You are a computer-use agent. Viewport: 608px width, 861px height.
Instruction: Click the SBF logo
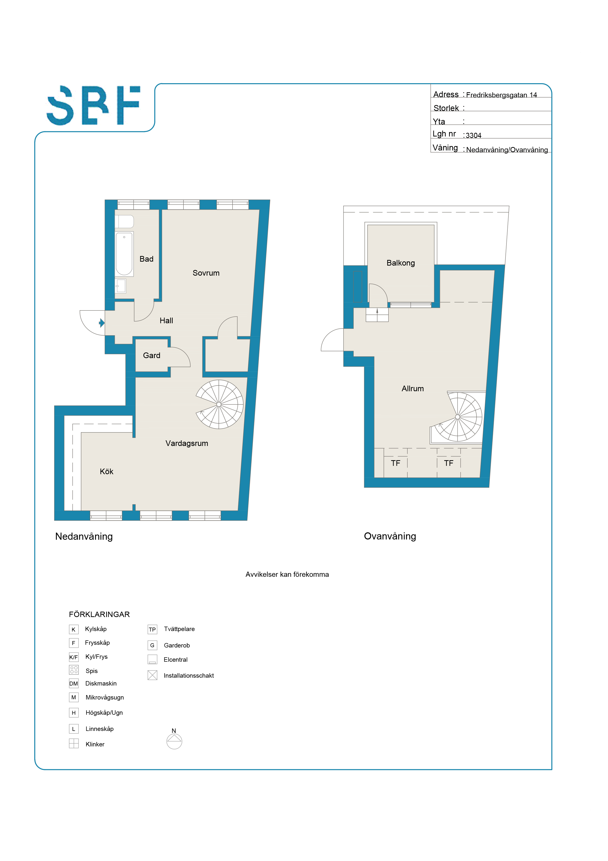pos(93,105)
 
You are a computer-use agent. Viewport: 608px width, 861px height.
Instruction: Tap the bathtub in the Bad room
pos(124,254)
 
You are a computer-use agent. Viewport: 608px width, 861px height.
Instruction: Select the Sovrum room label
pos(206,273)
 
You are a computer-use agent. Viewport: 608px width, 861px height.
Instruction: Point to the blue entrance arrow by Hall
pos(102,323)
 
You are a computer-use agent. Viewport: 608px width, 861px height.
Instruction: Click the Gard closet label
pos(152,355)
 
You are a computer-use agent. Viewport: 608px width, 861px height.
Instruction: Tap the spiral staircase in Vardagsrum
pos(220,404)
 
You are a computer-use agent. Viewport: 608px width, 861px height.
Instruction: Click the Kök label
pos(106,471)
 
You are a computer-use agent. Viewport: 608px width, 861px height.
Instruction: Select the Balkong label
pos(401,263)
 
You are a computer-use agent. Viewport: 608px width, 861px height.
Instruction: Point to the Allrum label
pos(413,389)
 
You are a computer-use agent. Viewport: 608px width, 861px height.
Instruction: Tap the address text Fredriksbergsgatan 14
pos(502,95)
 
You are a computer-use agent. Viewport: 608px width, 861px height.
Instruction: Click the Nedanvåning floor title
pos(84,536)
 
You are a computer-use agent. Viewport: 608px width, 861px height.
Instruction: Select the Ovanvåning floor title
pos(390,536)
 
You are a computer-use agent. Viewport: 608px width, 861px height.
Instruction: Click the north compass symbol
pos(174,741)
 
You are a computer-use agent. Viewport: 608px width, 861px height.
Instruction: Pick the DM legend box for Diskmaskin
pos(74,684)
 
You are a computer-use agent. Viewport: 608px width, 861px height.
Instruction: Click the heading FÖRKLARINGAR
pos(99,614)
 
